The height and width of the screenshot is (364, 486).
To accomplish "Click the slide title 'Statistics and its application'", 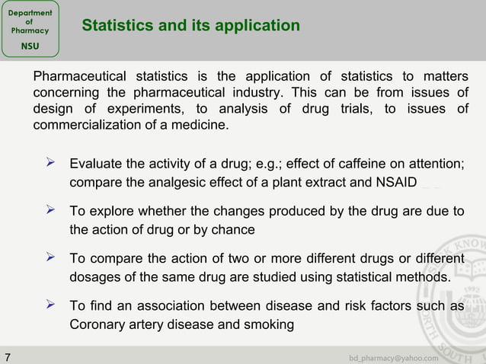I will click(x=190, y=26).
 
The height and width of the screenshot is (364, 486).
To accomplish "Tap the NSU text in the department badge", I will click(x=30, y=46).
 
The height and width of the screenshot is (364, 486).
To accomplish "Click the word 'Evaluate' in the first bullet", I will click(x=95, y=164).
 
